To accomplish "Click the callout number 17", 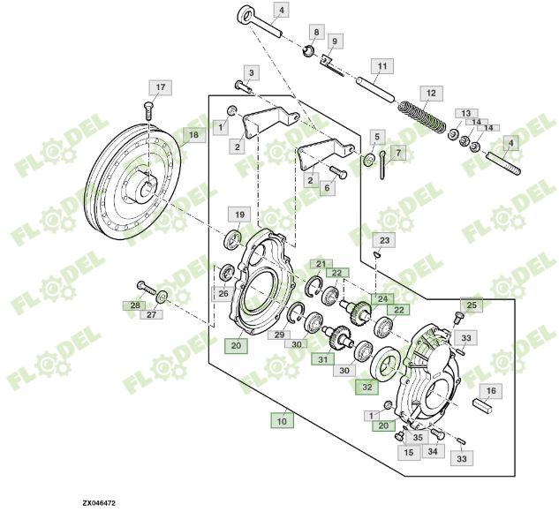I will (x=160, y=87).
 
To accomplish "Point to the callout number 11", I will (x=381, y=66).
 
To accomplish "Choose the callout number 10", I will (x=282, y=421).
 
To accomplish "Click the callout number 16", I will (x=491, y=390).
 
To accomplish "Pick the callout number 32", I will (x=366, y=386).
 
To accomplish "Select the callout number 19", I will (x=238, y=214).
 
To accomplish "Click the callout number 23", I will (x=384, y=240).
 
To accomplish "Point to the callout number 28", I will (x=135, y=305).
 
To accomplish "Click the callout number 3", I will (x=251, y=72).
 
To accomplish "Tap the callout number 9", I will (x=335, y=41).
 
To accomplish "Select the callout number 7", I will (x=398, y=153).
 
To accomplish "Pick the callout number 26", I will (x=224, y=293).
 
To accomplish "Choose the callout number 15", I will (x=409, y=452).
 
